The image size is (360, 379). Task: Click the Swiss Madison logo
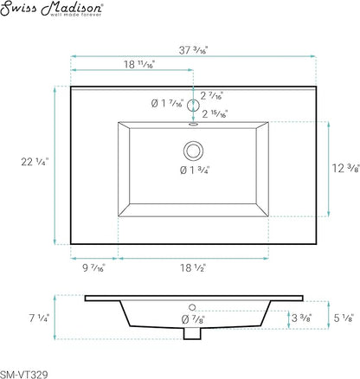[x=52, y=9]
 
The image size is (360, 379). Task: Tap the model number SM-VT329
[x=24, y=375]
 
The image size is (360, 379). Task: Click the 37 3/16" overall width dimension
[x=193, y=50]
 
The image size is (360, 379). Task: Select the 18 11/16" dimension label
[x=139, y=64]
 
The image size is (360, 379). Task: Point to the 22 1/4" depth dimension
[x=35, y=162]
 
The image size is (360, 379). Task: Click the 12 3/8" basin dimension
[x=346, y=168]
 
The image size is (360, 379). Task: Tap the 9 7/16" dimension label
[x=94, y=268]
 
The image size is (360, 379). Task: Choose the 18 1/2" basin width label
[x=193, y=268]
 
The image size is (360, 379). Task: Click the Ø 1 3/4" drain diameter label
[x=195, y=170]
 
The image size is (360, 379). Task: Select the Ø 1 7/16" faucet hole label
[x=167, y=103]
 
